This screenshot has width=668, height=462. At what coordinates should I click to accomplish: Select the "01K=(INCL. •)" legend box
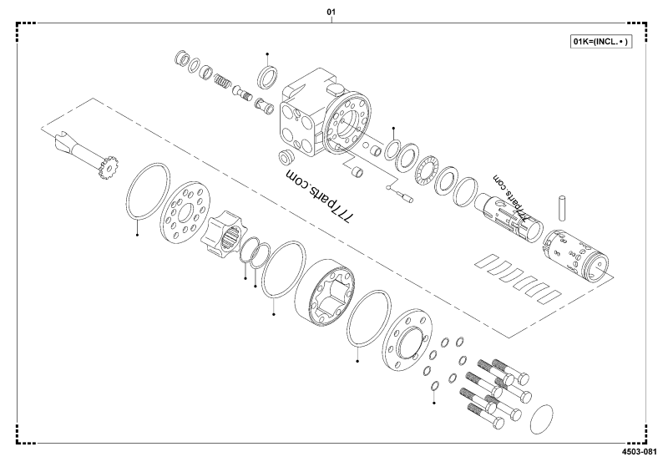pyautogui.click(x=600, y=41)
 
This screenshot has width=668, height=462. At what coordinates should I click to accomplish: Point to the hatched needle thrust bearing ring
pyautogui.click(x=428, y=170)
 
